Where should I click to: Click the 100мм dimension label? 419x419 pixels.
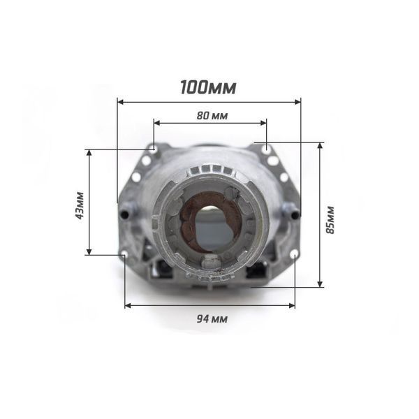(x=208, y=87)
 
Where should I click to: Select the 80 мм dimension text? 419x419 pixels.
(x=212, y=116)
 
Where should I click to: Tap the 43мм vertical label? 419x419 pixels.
(x=80, y=205)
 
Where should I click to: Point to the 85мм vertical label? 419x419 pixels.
(x=330, y=220)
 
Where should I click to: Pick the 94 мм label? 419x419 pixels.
(x=212, y=319)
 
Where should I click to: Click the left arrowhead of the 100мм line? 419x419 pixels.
(x=120, y=102)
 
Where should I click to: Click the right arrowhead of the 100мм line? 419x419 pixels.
(x=297, y=102)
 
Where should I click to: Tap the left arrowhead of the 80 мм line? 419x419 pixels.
(x=157, y=123)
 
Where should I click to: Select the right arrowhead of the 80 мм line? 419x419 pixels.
(x=263, y=123)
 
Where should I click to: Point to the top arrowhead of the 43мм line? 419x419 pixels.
(x=89, y=152)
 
